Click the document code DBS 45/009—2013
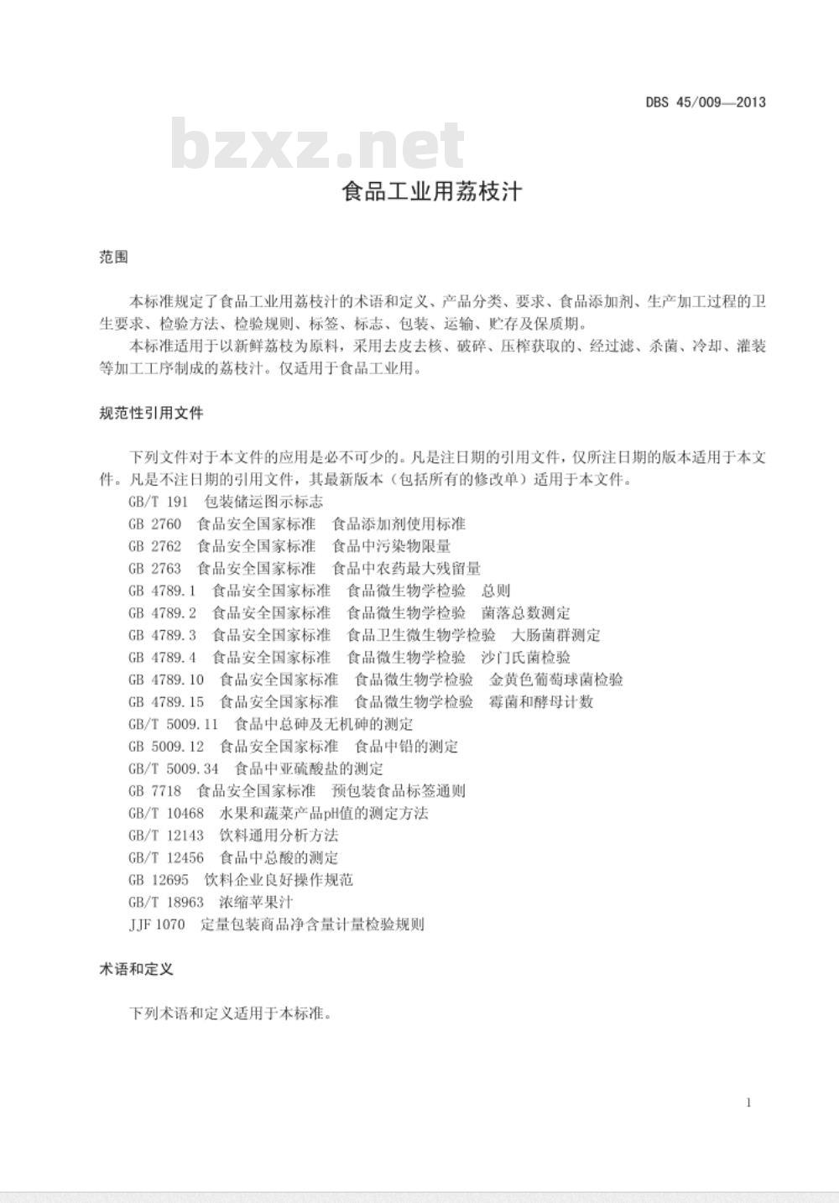tap(705, 103)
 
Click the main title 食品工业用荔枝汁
tap(432, 192)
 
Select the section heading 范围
tap(113, 258)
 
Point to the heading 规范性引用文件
tap(151, 413)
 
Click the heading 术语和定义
tap(136, 969)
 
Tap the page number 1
tap(748, 1102)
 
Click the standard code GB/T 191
tap(159, 502)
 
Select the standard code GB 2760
tap(155, 524)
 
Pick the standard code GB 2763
tap(155, 569)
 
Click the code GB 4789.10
tap(166, 680)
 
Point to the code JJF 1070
tap(157, 924)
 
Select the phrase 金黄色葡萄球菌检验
tap(556, 680)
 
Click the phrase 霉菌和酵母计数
tap(541, 702)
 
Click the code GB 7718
tap(155, 791)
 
